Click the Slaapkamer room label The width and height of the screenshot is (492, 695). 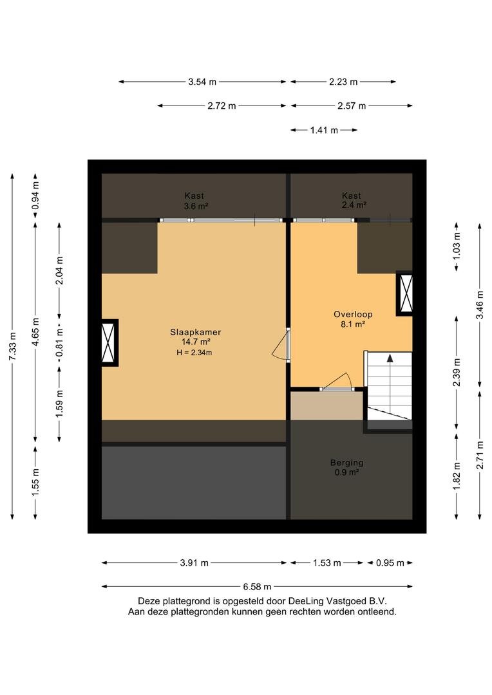(x=195, y=332)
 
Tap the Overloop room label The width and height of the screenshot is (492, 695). (x=353, y=314)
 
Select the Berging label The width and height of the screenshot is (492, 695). (x=346, y=463)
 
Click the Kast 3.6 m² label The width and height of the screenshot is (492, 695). (x=194, y=200)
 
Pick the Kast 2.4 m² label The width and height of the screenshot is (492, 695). (x=354, y=200)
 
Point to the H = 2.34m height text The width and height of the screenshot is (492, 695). (x=194, y=353)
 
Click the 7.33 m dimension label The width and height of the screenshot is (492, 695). (x=12, y=346)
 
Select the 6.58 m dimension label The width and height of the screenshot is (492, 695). (x=257, y=587)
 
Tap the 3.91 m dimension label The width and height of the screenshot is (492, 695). (x=194, y=563)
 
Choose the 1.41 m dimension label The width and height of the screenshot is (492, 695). (x=324, y=130)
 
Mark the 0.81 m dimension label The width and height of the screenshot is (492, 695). (x=59, y=342)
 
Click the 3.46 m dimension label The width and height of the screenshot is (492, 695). (x=480, y=305)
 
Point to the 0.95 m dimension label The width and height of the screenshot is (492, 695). (x=390, y=563)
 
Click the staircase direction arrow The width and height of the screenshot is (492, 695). (x=390, y=384)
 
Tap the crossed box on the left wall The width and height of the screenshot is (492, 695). (x=108, y=342)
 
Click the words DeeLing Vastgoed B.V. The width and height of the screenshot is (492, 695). (x=338, y=602)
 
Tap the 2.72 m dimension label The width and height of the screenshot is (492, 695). (x=222, y=106)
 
